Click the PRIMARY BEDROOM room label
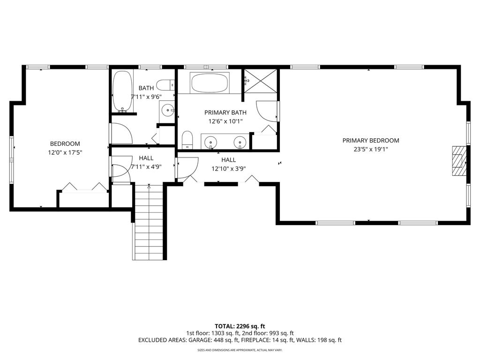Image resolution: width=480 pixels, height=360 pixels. [371, 141]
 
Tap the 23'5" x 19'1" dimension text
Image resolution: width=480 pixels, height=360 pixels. [371, 150]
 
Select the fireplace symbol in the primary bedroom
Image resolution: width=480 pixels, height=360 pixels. [459, 160]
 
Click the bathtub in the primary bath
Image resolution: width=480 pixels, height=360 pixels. [210, 82]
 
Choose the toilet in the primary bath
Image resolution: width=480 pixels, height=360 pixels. [187, 140]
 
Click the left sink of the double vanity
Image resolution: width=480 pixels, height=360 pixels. [210, 142]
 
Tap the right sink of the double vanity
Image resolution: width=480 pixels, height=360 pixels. [240, 142]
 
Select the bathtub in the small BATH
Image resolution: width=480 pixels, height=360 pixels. [122, 91]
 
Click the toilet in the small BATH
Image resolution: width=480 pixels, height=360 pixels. [165, 85]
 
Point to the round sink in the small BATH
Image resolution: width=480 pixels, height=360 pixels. [168, 110]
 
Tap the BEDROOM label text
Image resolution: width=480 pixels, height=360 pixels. [65, 143]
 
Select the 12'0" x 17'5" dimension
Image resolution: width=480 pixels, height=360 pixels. [65, 152]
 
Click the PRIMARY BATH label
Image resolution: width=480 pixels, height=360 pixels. [225, 112]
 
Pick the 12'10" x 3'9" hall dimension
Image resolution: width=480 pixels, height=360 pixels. [229, 168]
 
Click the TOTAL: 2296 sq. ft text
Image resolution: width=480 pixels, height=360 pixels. [240, 326]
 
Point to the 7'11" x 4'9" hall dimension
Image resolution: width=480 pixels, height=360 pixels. [146, 167]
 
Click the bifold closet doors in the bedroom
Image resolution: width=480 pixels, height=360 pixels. [84, 187]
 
